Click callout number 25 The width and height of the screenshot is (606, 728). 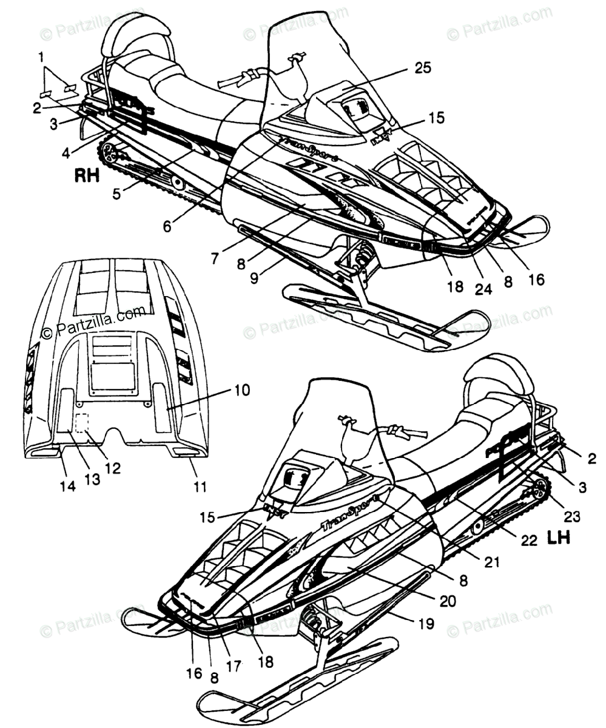coord(423,68)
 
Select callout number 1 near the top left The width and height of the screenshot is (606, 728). coord(41,58)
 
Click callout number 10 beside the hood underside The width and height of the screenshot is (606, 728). coord(224,391)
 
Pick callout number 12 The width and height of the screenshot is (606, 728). coord(112,468)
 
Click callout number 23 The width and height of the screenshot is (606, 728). coord(572,517)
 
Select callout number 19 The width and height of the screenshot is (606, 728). coord(426,623)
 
